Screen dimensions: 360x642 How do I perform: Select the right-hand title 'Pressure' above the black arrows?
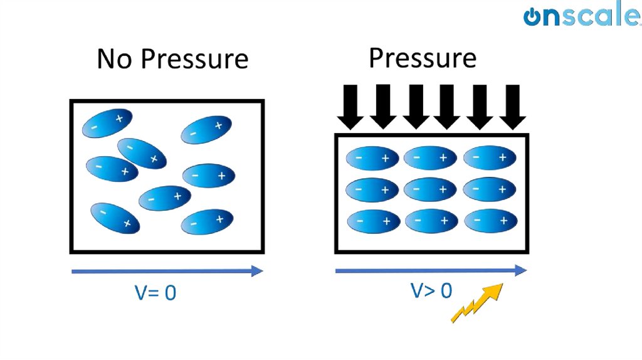click(422, 58)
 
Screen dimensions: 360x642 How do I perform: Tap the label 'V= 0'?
click(155, 292)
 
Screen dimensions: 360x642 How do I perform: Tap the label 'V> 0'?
click(431, 290)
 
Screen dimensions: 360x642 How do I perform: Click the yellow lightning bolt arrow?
click(478, 303)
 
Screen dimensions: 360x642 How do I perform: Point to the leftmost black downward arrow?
click(350, 106)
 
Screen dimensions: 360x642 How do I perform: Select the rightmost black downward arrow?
click(513, 106)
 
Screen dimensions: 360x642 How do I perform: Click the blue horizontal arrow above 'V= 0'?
click(167, 272)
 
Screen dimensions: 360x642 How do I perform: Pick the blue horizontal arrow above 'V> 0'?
click(431, 271)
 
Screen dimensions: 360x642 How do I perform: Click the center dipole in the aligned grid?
click(430, 189)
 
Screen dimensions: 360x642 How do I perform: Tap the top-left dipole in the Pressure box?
click(372, 158)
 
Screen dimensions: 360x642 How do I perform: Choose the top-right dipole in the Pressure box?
click(489, 157)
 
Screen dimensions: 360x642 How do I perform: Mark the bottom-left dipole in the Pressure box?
click(372, 221)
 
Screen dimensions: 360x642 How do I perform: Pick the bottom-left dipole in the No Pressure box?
click(115, 218)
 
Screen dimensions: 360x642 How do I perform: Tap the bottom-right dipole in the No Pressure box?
click(206, 221)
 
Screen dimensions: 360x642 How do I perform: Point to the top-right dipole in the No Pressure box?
click(206, 130)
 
